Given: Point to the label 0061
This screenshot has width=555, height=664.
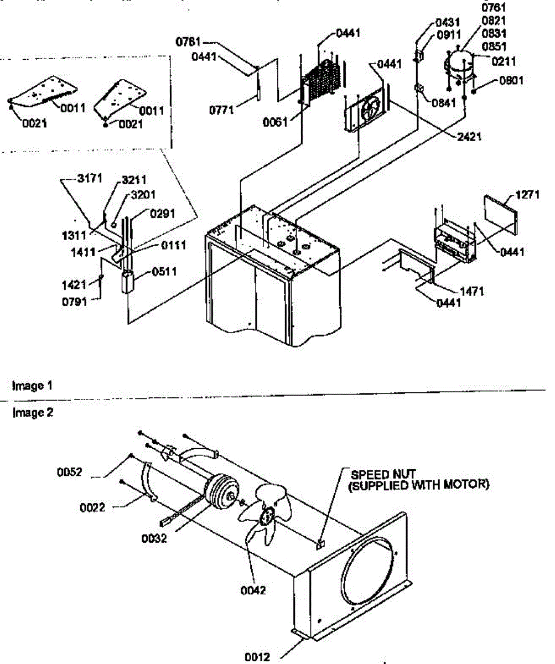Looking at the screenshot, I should pos(276,122).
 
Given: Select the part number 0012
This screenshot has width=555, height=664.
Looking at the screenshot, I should pos(258,657).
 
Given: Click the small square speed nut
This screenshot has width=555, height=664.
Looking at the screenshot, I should pos(319,545).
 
